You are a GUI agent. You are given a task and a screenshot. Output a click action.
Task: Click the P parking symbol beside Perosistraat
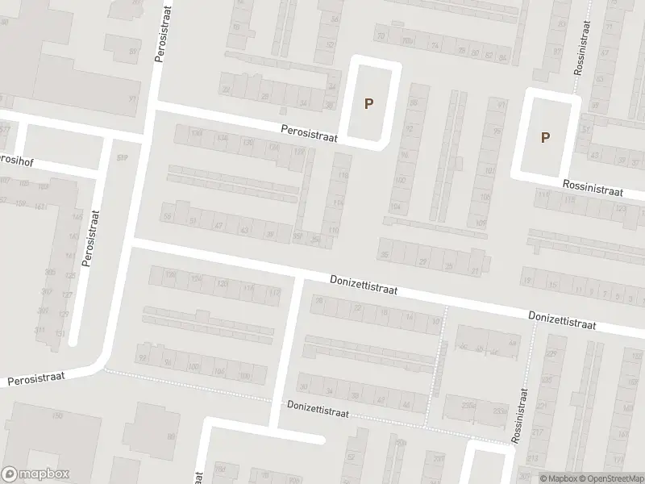tap(369, 103)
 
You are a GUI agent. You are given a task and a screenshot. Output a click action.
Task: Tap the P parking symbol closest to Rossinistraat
tap(545, 137)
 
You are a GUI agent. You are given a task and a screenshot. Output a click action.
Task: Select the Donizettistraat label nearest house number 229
tap(563, 321)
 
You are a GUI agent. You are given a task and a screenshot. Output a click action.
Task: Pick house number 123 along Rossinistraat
tap(620, 209)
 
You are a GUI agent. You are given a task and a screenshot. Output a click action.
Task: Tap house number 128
tap(223, 284)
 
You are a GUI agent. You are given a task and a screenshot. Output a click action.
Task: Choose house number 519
tap(123, 158)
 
